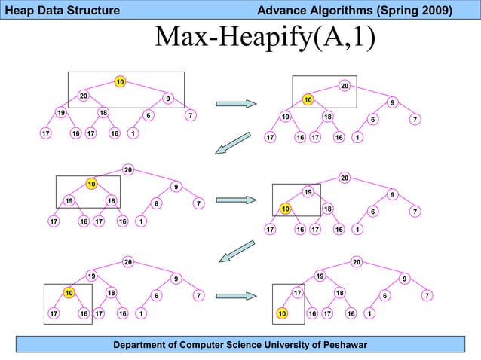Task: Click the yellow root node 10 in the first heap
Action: pyautogui.click(x=120, y=81)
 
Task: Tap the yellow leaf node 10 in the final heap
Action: pyautogui.click(x=282, y=313)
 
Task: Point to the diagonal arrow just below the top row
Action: pyautogui.click(x=232, y=142)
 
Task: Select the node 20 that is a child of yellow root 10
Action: pyautogui.click(x=84, y=96)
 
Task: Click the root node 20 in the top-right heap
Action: pyautogui.click(x=345, y=86)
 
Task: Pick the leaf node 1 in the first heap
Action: pyautogui.click(x=133, y=134)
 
